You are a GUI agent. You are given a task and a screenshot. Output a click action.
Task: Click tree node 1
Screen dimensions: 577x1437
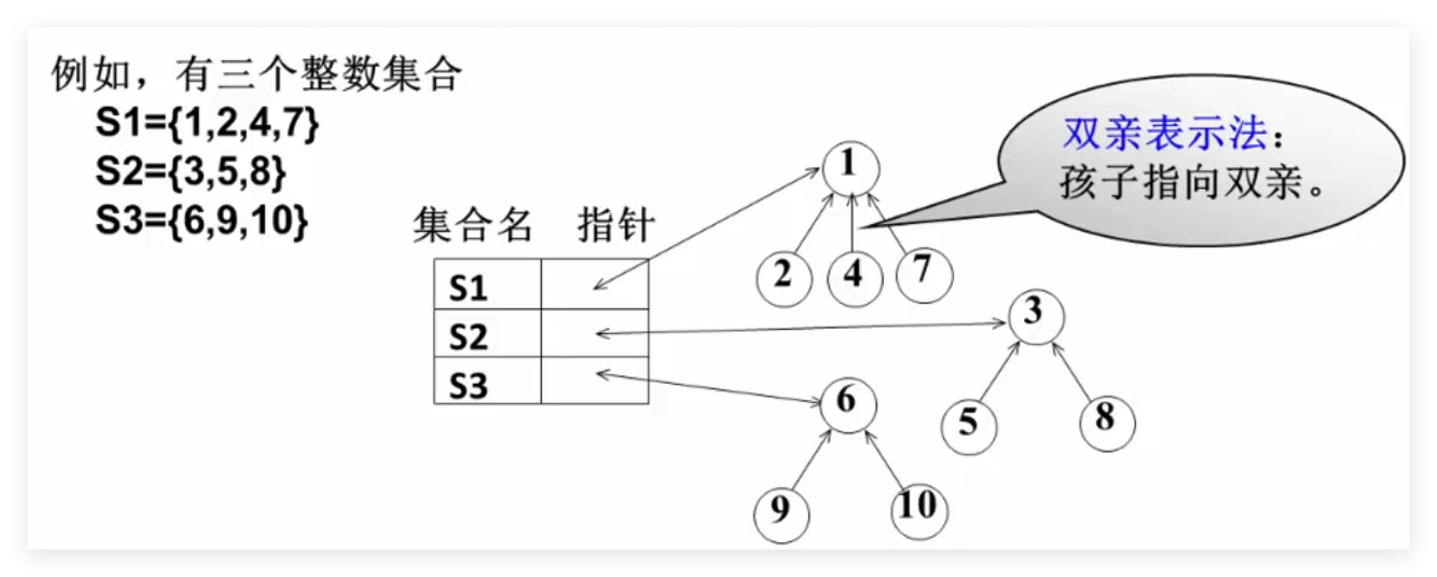click(x=850, y=167)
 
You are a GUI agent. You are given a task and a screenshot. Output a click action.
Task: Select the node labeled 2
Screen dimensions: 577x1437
click(x=783, y=276)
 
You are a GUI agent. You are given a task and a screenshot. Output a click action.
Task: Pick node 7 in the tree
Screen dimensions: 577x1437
click(x=924, y=272)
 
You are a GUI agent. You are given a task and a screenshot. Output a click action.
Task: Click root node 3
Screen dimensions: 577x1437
click(x=1035, y=315)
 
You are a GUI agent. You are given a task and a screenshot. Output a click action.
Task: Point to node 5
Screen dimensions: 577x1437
click(x=968, y=425)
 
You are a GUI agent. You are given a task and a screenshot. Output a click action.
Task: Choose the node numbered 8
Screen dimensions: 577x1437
click(x=1106, y=421)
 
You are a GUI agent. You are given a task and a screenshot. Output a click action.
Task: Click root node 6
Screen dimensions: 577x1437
click(x=848, y=403)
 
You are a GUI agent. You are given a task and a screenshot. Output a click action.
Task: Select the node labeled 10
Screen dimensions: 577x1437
click(x=919, y=508)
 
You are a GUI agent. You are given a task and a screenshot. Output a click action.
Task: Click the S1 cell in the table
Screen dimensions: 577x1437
click(x=487, y=286)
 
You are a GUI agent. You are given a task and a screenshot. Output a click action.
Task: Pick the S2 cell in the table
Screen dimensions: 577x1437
click(x=487, y=334)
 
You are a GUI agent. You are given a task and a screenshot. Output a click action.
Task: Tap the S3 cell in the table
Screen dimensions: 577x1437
click(x=487, y=382)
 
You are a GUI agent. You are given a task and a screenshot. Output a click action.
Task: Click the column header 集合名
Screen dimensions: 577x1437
click(x=473, y=225)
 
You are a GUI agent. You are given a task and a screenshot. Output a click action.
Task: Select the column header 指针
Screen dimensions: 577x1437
click(x=616, y=225)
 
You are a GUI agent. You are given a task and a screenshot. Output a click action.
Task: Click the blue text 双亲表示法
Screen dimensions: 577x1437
click(x=1164, y=135)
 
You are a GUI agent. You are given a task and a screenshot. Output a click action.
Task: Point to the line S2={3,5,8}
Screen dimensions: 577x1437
click(x=191, y=171)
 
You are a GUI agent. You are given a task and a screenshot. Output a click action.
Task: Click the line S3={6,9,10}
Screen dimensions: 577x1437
click(x=202, y=220)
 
